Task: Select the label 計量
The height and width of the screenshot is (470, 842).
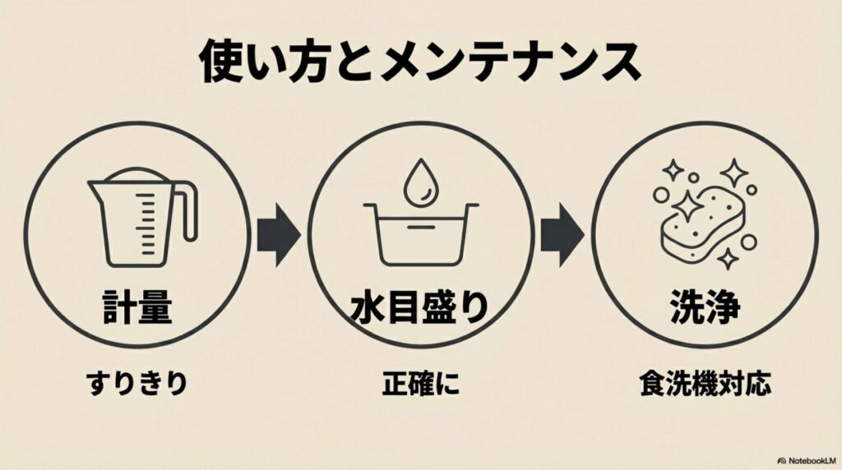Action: tap(136, 306)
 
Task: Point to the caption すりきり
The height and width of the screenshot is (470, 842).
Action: tap(136, 383)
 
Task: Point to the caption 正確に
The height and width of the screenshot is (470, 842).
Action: tap(419, 383)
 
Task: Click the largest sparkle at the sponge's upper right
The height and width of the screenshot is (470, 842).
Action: tap(734, 172)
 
